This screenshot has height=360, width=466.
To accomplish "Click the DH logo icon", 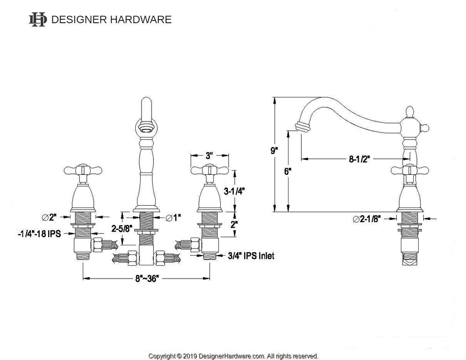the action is [x=38, y=20].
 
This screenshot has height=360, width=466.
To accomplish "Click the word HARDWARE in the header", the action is [x=141, y=20].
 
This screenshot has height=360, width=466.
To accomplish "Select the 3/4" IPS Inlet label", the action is [x=251, y=256].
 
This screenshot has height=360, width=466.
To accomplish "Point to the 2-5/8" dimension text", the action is [x=122, y=228].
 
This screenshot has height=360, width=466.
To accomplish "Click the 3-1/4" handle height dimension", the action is [x=234, y=191].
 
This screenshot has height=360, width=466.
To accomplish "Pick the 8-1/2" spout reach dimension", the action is [x=360, y=159].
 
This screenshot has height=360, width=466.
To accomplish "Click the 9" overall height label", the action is [x=274, y=151].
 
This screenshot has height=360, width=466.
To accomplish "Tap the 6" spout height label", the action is [x=288, y=172].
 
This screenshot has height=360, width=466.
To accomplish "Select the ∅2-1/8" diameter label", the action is [x=367, y=219].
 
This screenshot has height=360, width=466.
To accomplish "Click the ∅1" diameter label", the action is [x=173, y=218].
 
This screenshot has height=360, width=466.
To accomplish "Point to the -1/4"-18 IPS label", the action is [x=39, y=233].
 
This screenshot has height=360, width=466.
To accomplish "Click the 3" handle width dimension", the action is [x=209, y=156].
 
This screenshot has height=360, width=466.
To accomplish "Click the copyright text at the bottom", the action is [x=233, y=356].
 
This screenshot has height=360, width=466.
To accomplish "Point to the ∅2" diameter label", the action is [x=49, y=217].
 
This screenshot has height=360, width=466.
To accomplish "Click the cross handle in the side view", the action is [x=410, y=170].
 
